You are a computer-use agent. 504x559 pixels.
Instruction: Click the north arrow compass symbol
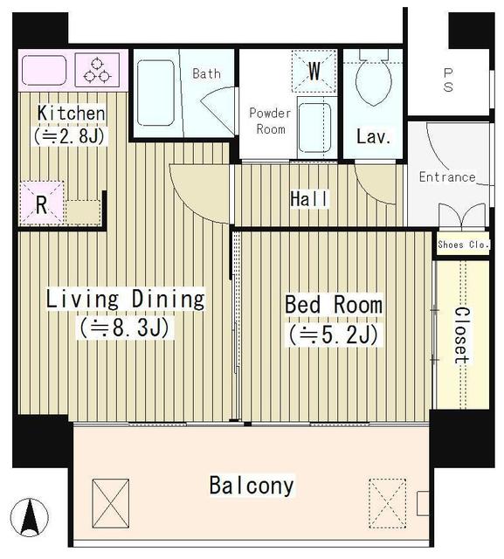pos(30,517)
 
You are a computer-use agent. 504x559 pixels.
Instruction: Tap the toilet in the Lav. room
pos(373,78)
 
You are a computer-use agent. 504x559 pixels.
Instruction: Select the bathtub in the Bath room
pos(155,93)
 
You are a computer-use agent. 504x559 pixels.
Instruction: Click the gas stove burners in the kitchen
pos(97,70)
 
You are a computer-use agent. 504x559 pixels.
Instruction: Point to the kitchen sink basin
pos(45,70)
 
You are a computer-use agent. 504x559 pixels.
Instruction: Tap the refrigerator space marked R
pos(42,204)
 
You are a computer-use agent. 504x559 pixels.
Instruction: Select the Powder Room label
pos(270,121)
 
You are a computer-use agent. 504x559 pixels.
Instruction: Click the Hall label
pos(308,199)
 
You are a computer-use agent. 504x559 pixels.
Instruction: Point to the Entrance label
pos(447,176)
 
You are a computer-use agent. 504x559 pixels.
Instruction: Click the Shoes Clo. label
pos(463,245)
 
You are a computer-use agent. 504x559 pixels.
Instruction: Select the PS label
pos(448,80)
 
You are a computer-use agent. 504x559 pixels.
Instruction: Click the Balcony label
pos(252,486)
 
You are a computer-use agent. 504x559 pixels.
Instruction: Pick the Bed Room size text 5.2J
pos(334,335)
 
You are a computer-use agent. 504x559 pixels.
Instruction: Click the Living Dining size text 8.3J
pos(125,328)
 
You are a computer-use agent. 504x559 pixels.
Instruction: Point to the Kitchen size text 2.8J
pos(70,136)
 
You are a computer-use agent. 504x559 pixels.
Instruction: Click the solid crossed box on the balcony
pos(110,503)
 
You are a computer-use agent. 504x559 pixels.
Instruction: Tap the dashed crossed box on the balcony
pos(388,503)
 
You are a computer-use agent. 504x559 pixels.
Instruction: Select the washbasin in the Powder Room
pos(314,128)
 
